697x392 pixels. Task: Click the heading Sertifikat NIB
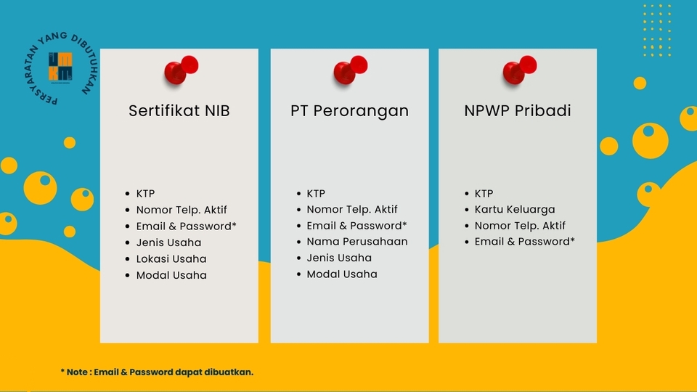click(x=179, y=111)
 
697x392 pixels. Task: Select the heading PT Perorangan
click(x=349, y=111)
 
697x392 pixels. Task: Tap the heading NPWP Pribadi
click(x=518, y=111)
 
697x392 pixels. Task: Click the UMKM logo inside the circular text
click(x=60, y=67)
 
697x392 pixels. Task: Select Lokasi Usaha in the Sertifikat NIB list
click(x=171, y=259)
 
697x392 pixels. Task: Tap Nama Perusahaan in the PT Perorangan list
click(x=356, y=242)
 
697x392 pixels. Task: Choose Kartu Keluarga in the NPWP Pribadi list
click(x=515, y=210)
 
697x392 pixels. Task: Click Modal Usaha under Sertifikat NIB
click(x=171, y=276)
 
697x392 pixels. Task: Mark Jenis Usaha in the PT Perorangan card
click(x=339, y=258)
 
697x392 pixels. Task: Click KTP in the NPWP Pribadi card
click(x=484, y=194)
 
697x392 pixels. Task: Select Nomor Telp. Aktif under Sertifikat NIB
click(x=182, y=211)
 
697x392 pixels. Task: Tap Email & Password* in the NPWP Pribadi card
click(x=525, y=242)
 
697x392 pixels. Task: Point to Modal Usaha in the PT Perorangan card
click(x=342, y=274)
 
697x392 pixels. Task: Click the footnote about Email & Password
click(x=157, y=372)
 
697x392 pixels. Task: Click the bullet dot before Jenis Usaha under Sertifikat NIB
click(x=128, y=243)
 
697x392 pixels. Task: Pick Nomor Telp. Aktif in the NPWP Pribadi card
click(x=520, y=226)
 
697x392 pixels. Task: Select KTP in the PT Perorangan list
click(x=316, y=194)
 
